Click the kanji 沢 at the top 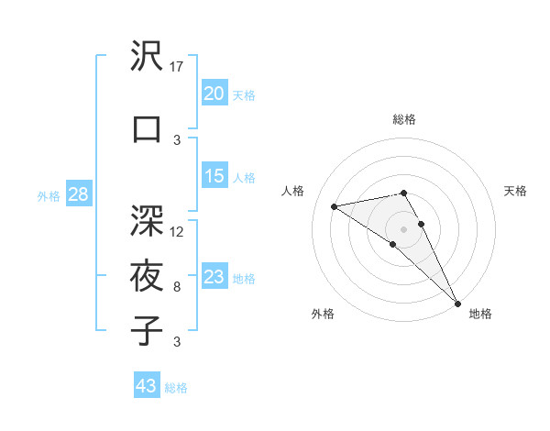click(x=148, y=58)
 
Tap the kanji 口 click(x=148, y=129)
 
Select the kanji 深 click(x=148, y=220)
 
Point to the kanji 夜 click(x=148, y=276)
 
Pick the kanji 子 click(x=148, y=330)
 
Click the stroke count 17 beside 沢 click(x=178, y=67)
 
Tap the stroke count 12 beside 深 click(x=178, y=231)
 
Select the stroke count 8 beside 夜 click(x=177, y=287)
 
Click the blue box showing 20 click(x=214, y=93)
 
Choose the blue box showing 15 click(x=214, y=176)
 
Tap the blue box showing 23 click(x=214, y=277)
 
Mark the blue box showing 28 click(x=78, y=193)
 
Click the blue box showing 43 click(x=147, y=386)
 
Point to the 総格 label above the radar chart click(x=403, y=119)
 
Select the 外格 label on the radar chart click(x=323, y=314)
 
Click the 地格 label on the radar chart click(x=480, y=314)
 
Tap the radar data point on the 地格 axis click(x=457, y=303)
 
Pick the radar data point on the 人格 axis click(x=335, y=206)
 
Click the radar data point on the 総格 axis click(x=403, y=193)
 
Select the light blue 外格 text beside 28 click(x=48, y=195)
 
